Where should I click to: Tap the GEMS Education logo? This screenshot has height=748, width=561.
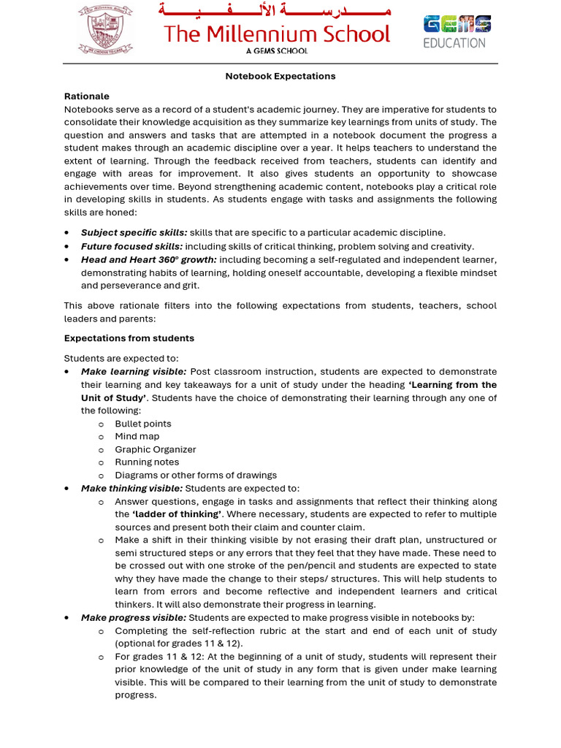click(457, 31)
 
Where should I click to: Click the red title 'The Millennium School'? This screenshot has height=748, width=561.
click(277, 34)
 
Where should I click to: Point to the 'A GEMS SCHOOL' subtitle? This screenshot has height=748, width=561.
click(276, 51)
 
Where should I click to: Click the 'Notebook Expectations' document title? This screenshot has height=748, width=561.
click(280, 76)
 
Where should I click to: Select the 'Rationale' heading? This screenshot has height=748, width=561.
click(87, 96)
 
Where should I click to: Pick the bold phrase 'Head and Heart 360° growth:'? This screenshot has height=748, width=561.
click(149, 259)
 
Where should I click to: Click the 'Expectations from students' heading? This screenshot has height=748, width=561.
click(129, 338)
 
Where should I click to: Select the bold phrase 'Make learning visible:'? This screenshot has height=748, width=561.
click(134, 371)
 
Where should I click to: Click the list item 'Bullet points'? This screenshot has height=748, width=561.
click(143, 424)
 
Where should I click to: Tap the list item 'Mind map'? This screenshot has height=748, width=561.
click(137, 436)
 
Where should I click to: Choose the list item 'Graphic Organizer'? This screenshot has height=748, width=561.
click(156, 449)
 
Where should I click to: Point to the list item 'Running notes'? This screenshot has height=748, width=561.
click(147, 462)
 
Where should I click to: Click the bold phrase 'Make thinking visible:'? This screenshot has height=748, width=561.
click(132, 488)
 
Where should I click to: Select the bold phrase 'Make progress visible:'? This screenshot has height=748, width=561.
click(134, 617)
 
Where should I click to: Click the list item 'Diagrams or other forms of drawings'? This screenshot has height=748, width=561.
click(196, 475)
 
